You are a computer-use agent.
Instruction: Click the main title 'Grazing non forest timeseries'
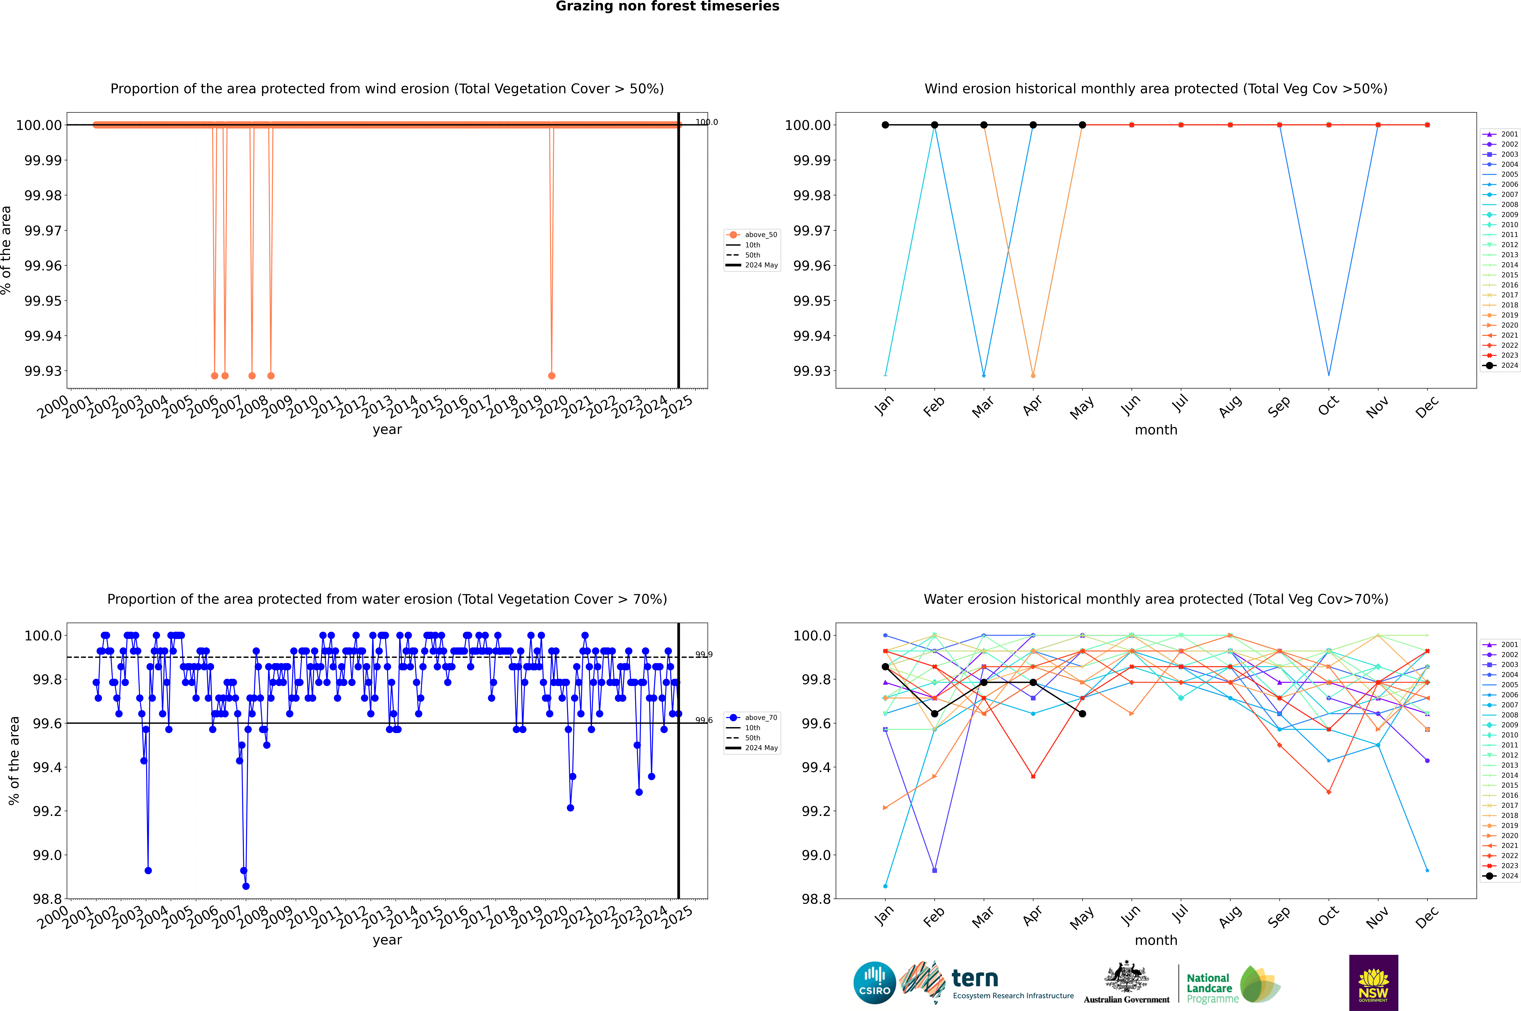667,6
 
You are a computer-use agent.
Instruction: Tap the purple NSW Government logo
1373,983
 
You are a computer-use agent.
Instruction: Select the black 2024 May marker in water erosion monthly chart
1083,714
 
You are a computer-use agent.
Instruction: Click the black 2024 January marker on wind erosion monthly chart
885,125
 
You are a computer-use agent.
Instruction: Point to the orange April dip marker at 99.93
1034,375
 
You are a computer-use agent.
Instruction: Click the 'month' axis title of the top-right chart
1156,430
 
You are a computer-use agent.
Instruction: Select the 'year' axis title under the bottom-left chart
387,940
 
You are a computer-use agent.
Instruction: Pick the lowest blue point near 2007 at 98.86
246,886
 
